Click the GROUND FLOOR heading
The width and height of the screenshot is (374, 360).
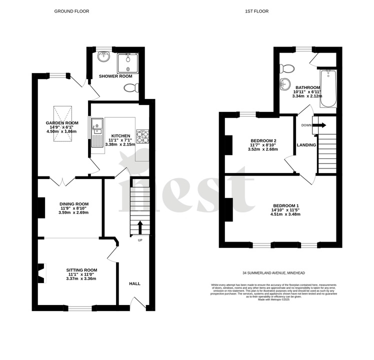[72, 11]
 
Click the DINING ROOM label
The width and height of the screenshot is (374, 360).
[74, 203]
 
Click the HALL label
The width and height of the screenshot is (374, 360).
[135, 283]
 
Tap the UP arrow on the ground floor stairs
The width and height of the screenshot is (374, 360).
[139, 228]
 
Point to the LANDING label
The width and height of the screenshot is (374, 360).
[306, 145]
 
